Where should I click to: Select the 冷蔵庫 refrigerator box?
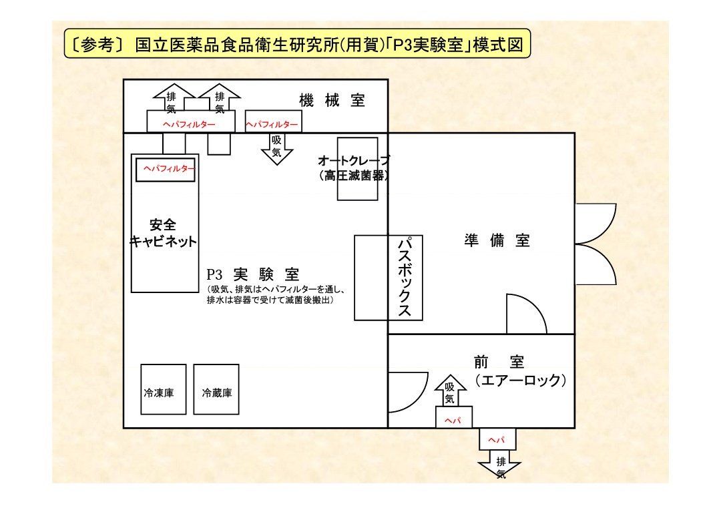216,389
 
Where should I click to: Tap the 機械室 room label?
332,101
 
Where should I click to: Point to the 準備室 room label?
497,240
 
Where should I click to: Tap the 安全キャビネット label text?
164,233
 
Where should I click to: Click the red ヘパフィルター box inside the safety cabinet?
166,170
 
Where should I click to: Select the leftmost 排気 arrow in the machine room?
172,99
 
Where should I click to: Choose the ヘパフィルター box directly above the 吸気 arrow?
272,123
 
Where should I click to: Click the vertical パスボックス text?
404,277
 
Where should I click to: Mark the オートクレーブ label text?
353,160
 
